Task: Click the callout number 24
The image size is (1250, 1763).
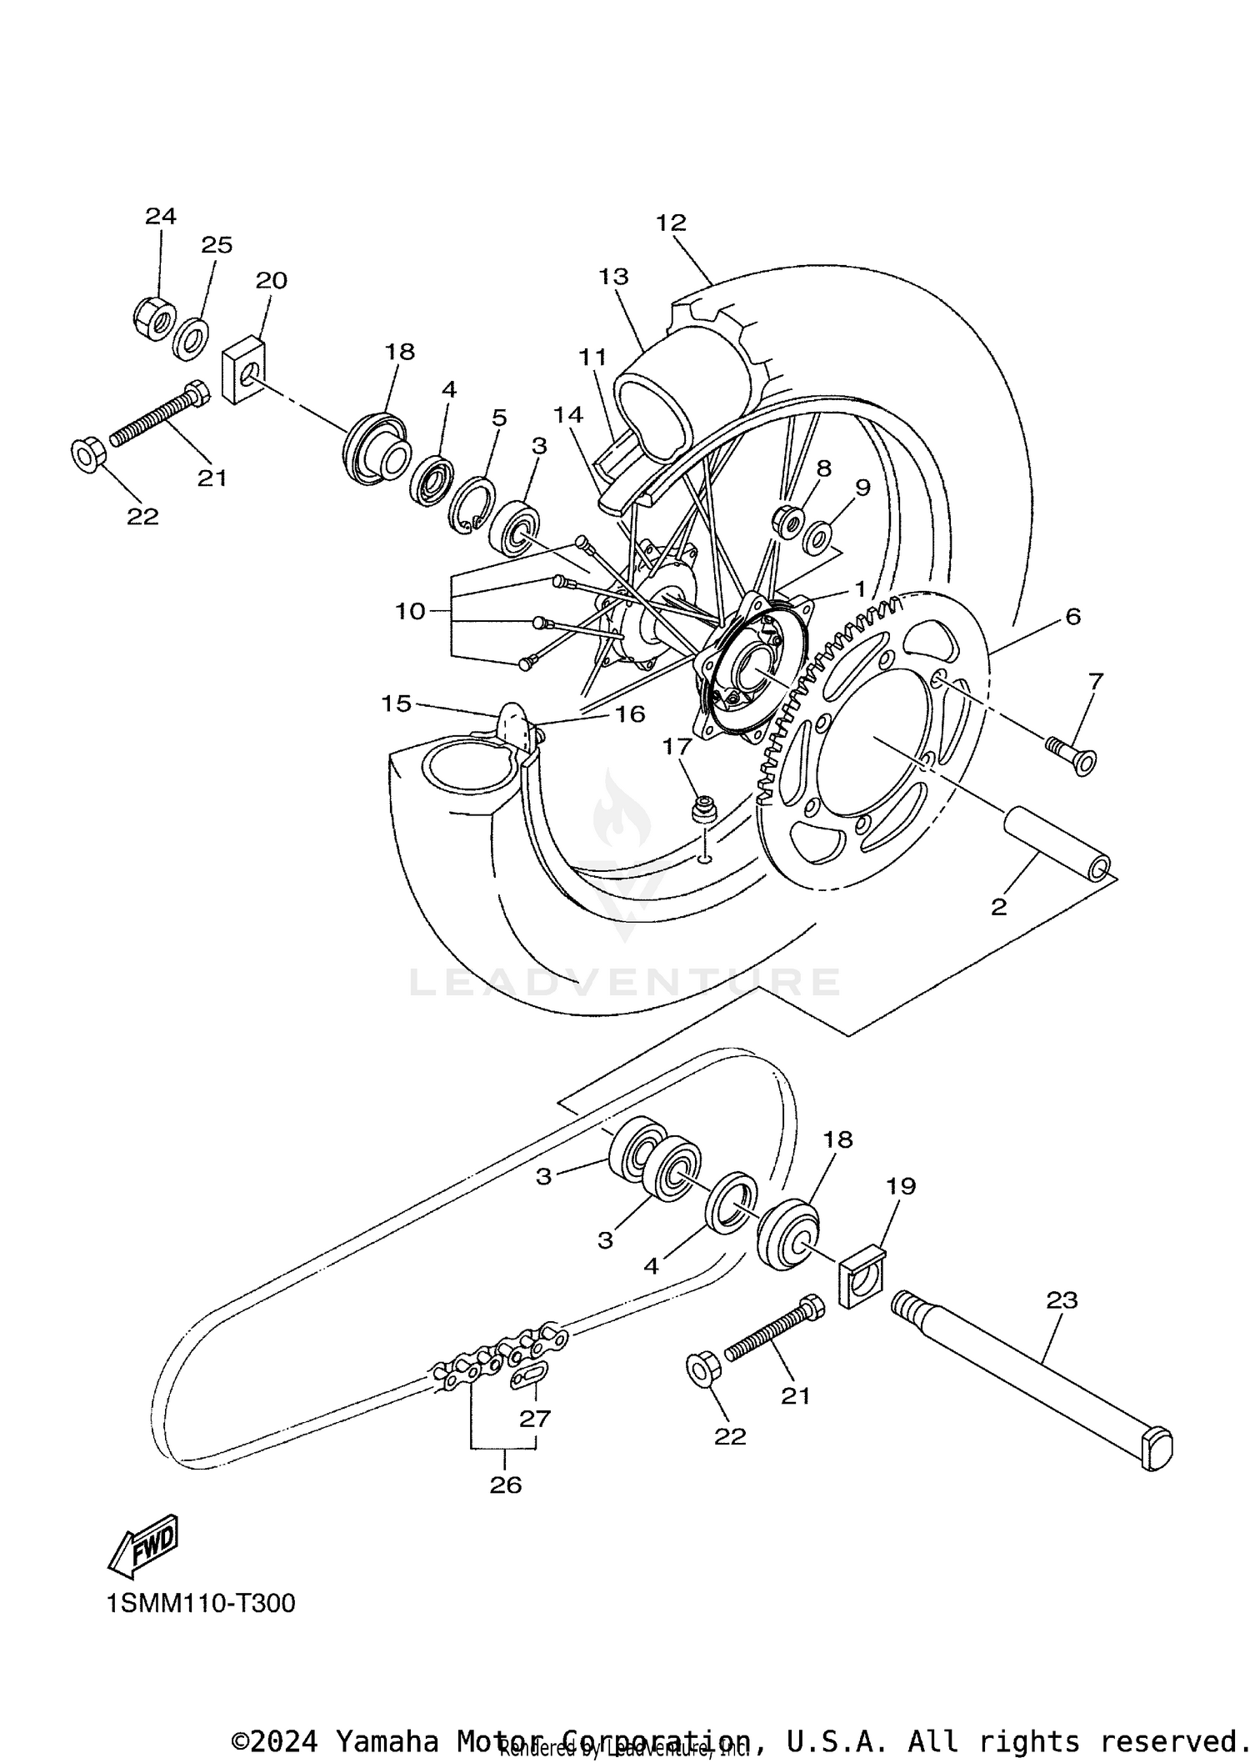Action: click(x=161, y=217)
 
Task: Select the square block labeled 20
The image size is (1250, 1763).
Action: click(x=243, y=369)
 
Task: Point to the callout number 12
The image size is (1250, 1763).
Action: click(x=670, y=223)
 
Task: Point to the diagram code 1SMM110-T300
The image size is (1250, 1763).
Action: click(x=201, y=1603)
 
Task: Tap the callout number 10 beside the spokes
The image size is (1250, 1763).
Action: click(x=410, y=611)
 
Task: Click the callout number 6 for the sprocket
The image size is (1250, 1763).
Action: click(x=1072, y=617)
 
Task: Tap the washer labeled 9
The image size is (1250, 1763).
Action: click(x=818, y=538)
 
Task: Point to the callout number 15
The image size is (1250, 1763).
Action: click(x=397, y=704)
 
